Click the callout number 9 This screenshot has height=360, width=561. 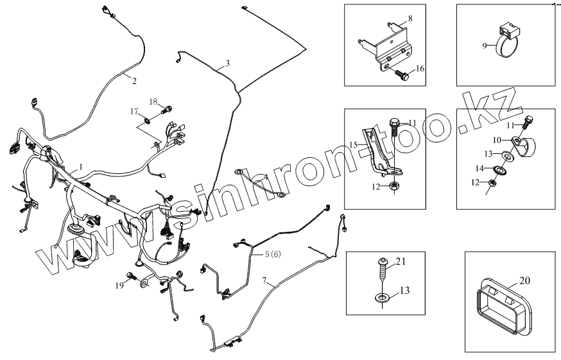pos(485,46)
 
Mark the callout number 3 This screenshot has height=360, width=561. pos(227,64)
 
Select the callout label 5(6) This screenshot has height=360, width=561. pos(272,254)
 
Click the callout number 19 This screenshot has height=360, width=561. pos(119,284)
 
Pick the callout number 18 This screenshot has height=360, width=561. pos(153,101)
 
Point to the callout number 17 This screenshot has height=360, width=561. pos(134,111)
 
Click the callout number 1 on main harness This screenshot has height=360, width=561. pos(81,166)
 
